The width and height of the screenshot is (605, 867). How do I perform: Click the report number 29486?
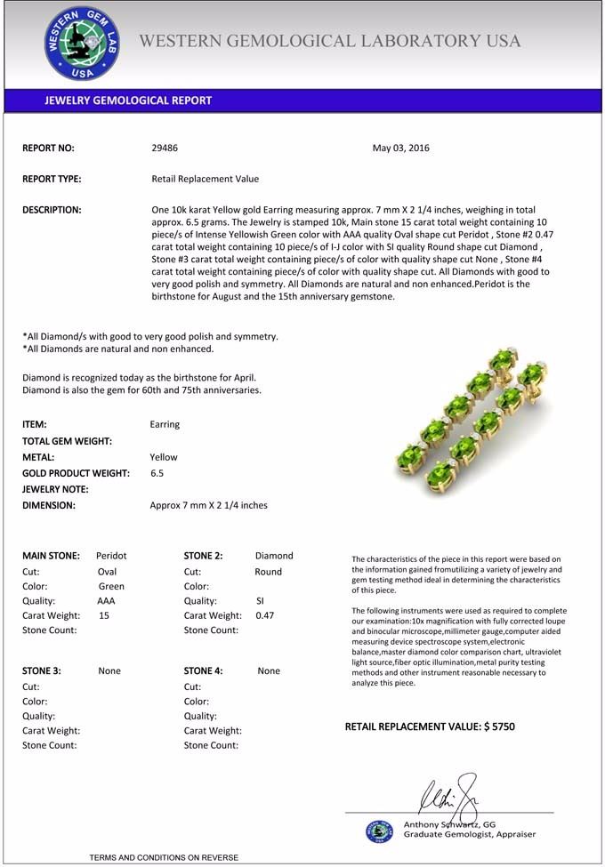[x=165, y=149]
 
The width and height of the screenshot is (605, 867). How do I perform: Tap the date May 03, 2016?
[x=400, y=149]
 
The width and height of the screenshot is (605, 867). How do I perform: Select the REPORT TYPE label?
[x=52, y=179]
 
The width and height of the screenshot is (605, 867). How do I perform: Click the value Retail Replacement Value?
[x=206, y=179]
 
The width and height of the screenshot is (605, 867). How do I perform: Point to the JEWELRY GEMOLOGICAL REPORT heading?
[x=128, y=100]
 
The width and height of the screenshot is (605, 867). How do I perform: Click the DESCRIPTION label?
[x=52, y=210]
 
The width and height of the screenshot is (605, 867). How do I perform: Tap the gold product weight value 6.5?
[x=157, y=473]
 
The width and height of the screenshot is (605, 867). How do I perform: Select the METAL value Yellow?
[x=164, y=457]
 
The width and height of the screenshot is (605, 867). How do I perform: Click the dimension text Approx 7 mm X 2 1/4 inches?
[x=208, y=505]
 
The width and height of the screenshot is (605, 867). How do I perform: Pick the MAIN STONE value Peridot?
[x=111, y=556]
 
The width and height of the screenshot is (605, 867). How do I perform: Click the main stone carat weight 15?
[x=104, y=615]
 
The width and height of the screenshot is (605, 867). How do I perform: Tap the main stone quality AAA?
[x=106, y=600]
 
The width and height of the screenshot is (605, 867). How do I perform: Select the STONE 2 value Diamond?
[x=274, y=556]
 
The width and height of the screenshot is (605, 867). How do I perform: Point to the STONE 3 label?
[x=42, y=671]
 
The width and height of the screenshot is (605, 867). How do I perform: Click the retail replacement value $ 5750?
[x=430, y=727]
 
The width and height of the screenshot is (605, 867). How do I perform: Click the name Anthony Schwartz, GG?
[x=449, y=824]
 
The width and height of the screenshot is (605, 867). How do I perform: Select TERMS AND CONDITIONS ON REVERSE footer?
[x=164, y=857]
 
